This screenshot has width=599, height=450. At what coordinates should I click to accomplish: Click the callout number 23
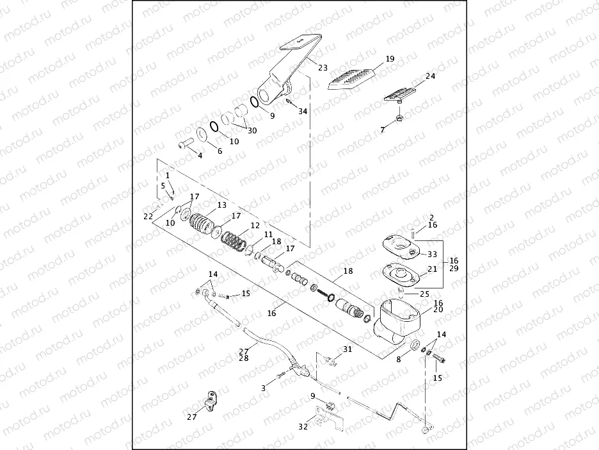323,67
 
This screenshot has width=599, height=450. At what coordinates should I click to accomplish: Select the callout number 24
430,76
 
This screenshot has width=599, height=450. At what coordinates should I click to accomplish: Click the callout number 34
303,111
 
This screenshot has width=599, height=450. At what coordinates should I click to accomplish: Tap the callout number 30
252,130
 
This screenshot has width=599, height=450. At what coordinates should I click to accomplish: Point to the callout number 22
148,217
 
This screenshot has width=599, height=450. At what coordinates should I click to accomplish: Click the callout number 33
432,254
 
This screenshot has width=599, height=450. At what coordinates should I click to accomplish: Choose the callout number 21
433,269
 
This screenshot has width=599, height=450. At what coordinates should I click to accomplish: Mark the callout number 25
423,294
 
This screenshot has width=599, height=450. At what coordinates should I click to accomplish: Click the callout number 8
398,360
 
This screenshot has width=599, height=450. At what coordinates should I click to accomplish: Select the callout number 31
347,349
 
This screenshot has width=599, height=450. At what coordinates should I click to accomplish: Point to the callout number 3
263,388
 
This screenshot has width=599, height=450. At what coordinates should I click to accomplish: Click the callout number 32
303,426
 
